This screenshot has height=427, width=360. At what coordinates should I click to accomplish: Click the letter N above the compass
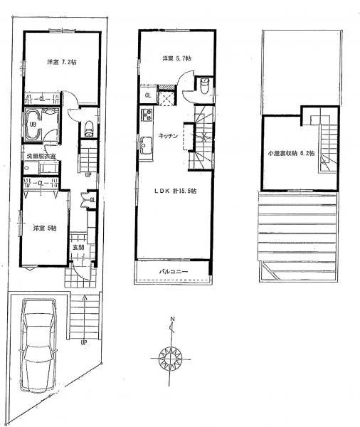pos(171,320)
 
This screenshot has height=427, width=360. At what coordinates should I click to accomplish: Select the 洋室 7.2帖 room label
pos(63,62)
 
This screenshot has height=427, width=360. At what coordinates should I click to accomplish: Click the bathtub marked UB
pos(33,122)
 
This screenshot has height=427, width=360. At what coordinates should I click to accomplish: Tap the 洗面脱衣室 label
pos(40,155)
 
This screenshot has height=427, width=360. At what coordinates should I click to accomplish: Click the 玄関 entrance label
pos(77,247)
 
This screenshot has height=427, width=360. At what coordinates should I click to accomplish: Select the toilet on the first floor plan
pos(89,129)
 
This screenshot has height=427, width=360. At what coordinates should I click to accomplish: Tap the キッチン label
pos(168,136)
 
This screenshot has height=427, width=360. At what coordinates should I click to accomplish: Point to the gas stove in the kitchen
pos(147,115)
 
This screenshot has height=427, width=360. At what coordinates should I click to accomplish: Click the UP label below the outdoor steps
pos(85,342)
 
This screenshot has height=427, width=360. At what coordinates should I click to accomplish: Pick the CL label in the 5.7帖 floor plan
pos(148,95)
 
